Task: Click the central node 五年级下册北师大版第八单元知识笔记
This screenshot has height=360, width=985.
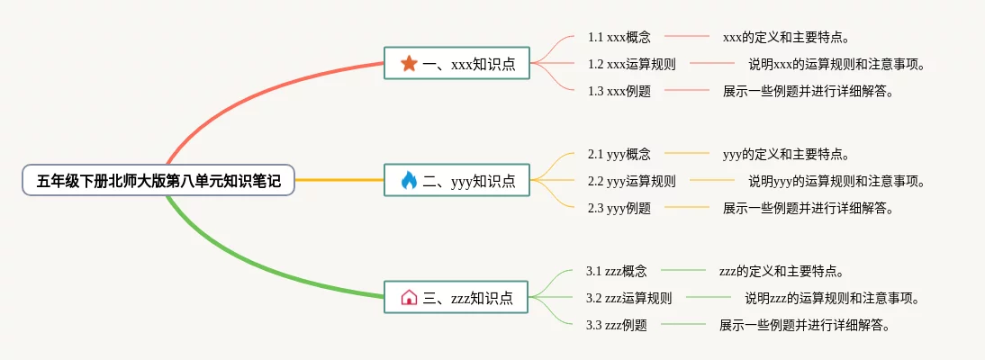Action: coord(158,181)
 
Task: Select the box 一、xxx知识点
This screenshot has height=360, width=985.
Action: coord(456,63)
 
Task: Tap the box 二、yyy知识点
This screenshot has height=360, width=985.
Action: coord(456,181)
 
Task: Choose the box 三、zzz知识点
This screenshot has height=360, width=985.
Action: coord(456,297)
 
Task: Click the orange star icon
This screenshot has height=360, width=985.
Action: coord(409,63)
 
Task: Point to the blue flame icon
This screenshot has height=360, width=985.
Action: coord(409,181)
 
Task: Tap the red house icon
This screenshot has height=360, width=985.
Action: coord(409,297)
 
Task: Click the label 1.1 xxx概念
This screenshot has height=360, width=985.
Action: coord(619,38)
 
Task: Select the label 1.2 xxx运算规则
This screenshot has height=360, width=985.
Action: coord(632,64)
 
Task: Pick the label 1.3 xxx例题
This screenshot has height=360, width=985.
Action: coord(619,91)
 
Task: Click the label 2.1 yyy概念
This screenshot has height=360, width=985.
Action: coord(619,154)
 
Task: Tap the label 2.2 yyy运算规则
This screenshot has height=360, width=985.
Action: coord(632,181)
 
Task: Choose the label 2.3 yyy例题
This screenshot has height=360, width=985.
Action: coord(619,208)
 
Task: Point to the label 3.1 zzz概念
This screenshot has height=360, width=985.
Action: coord(616,271)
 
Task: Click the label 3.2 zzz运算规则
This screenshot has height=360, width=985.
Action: coord(628,298)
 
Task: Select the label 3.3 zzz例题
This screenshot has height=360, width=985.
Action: coord(616,325)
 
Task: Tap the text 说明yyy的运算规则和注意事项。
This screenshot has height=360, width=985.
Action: coord(837,181)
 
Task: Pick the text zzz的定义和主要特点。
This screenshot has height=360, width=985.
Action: coord(782,271)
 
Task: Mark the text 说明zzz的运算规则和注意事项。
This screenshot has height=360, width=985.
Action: coord(834,298)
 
